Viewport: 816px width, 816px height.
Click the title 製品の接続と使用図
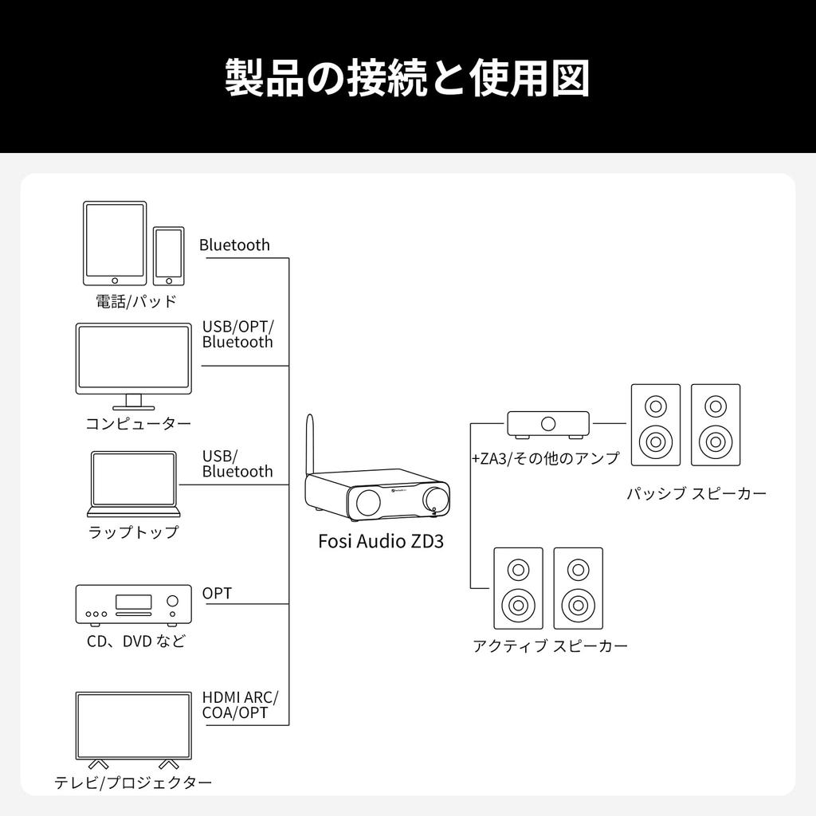(407, 77)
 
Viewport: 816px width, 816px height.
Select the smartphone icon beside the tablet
(168, 255)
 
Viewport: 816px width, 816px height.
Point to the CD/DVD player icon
(133, 603)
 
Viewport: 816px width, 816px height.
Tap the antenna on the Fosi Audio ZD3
(311, 446)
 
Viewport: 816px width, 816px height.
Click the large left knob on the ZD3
(371, 500)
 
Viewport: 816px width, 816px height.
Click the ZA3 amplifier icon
(548, 424)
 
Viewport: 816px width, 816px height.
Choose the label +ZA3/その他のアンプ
(545, 458)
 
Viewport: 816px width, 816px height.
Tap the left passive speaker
(656, 425)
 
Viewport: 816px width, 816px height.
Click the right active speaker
(578, 588)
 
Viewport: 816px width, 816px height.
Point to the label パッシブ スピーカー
(696, 493)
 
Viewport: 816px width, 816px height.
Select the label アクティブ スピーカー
(550, 645)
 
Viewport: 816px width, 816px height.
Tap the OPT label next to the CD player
(217, 593)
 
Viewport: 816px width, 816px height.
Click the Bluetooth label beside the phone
(234, 245)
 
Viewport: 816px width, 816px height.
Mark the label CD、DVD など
(135, 641)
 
